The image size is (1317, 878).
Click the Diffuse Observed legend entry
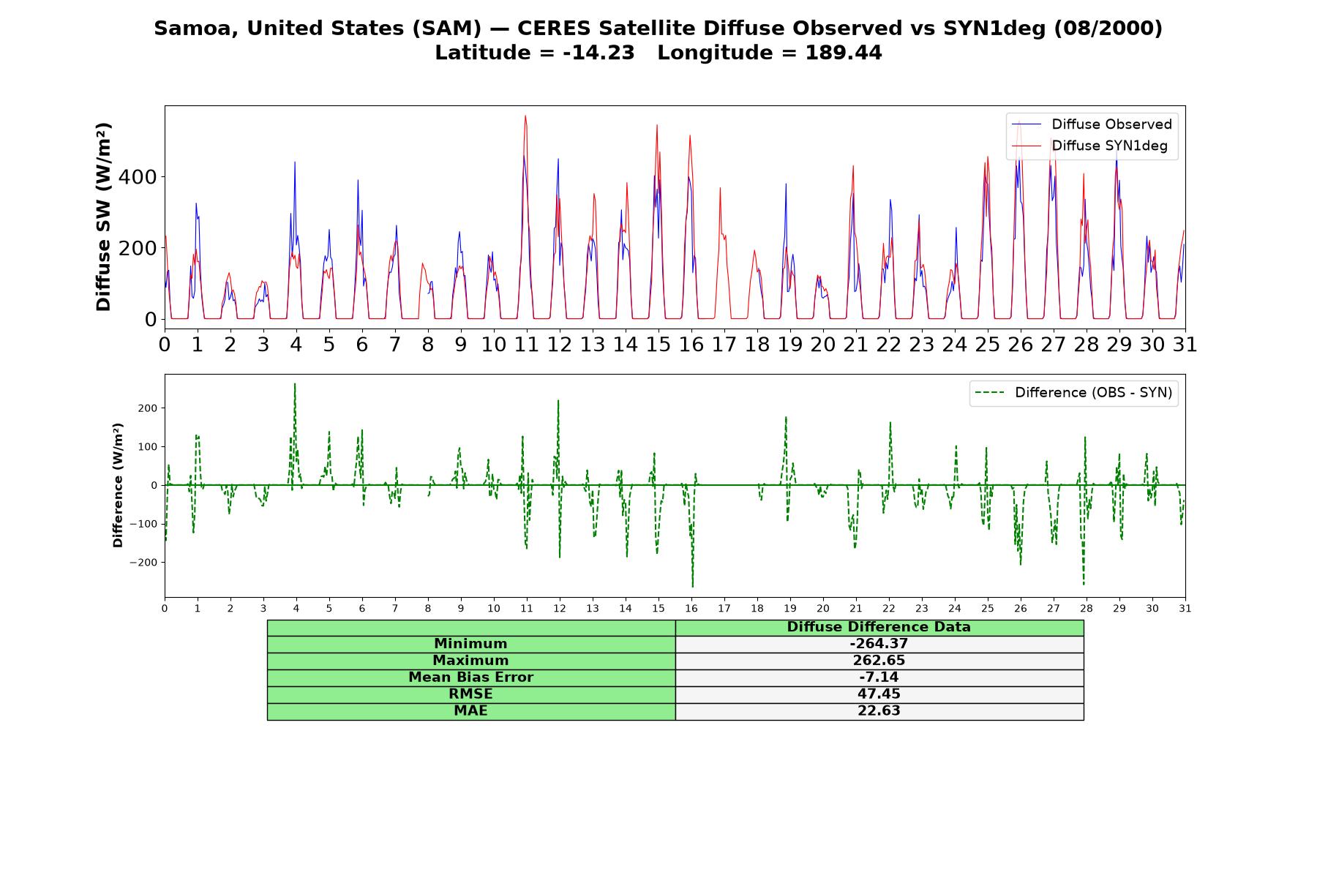[x=1092, y=124]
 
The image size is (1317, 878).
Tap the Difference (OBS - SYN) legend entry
[x=1074, y=393]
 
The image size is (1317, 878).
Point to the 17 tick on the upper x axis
[x=724, y=345]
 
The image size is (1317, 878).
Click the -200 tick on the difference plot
[x=143, y=563]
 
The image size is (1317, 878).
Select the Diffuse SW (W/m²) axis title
[x=104, y=217]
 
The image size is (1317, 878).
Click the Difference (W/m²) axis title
[x=118, y=485]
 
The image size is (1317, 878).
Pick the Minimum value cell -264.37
[x=879, y=644]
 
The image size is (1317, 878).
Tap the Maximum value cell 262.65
[x=879, y=661]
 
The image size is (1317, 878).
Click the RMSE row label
[x=470, y=694]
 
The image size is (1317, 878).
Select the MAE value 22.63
[x=879, y=711]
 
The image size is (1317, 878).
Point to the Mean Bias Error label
[x=470, y=678]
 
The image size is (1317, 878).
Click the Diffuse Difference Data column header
[x=879, y=627]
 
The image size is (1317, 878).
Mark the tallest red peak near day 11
[x=525, y=116]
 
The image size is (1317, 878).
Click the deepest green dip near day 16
[x=692, y=586]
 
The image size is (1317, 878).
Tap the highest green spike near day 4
[x=295, y=384]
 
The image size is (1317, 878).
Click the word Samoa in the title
[x=195, y=29]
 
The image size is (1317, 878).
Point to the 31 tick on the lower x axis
[x=1185, y=609]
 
